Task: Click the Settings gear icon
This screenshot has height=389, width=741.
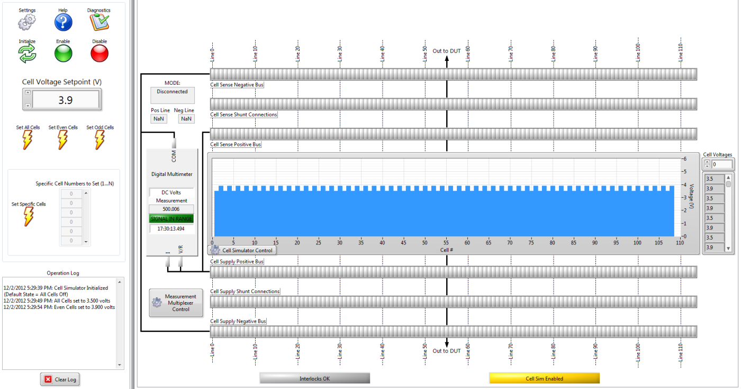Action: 27,22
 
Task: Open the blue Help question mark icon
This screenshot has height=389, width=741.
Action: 63,22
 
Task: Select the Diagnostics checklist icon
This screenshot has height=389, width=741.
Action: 99,22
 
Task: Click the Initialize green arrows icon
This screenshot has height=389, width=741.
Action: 27,53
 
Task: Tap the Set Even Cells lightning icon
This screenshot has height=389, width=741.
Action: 62,140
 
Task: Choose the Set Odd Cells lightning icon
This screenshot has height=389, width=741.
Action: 100,140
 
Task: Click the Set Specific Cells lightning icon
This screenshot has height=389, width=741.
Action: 29,216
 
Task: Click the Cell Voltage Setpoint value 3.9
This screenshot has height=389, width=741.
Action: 66,100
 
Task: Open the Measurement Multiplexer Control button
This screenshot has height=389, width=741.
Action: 176,303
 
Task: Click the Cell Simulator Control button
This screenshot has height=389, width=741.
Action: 242,250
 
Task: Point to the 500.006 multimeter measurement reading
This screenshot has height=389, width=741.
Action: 171,209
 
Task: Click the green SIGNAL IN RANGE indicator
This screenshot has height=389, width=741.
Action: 171,218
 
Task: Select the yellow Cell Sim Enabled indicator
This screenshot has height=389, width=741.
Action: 544,378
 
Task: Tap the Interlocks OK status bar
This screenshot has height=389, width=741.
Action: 314,378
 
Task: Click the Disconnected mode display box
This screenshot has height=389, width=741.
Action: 173,95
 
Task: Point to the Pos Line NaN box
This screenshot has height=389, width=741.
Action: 159,119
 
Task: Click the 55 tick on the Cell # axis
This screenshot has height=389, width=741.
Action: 446,243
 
